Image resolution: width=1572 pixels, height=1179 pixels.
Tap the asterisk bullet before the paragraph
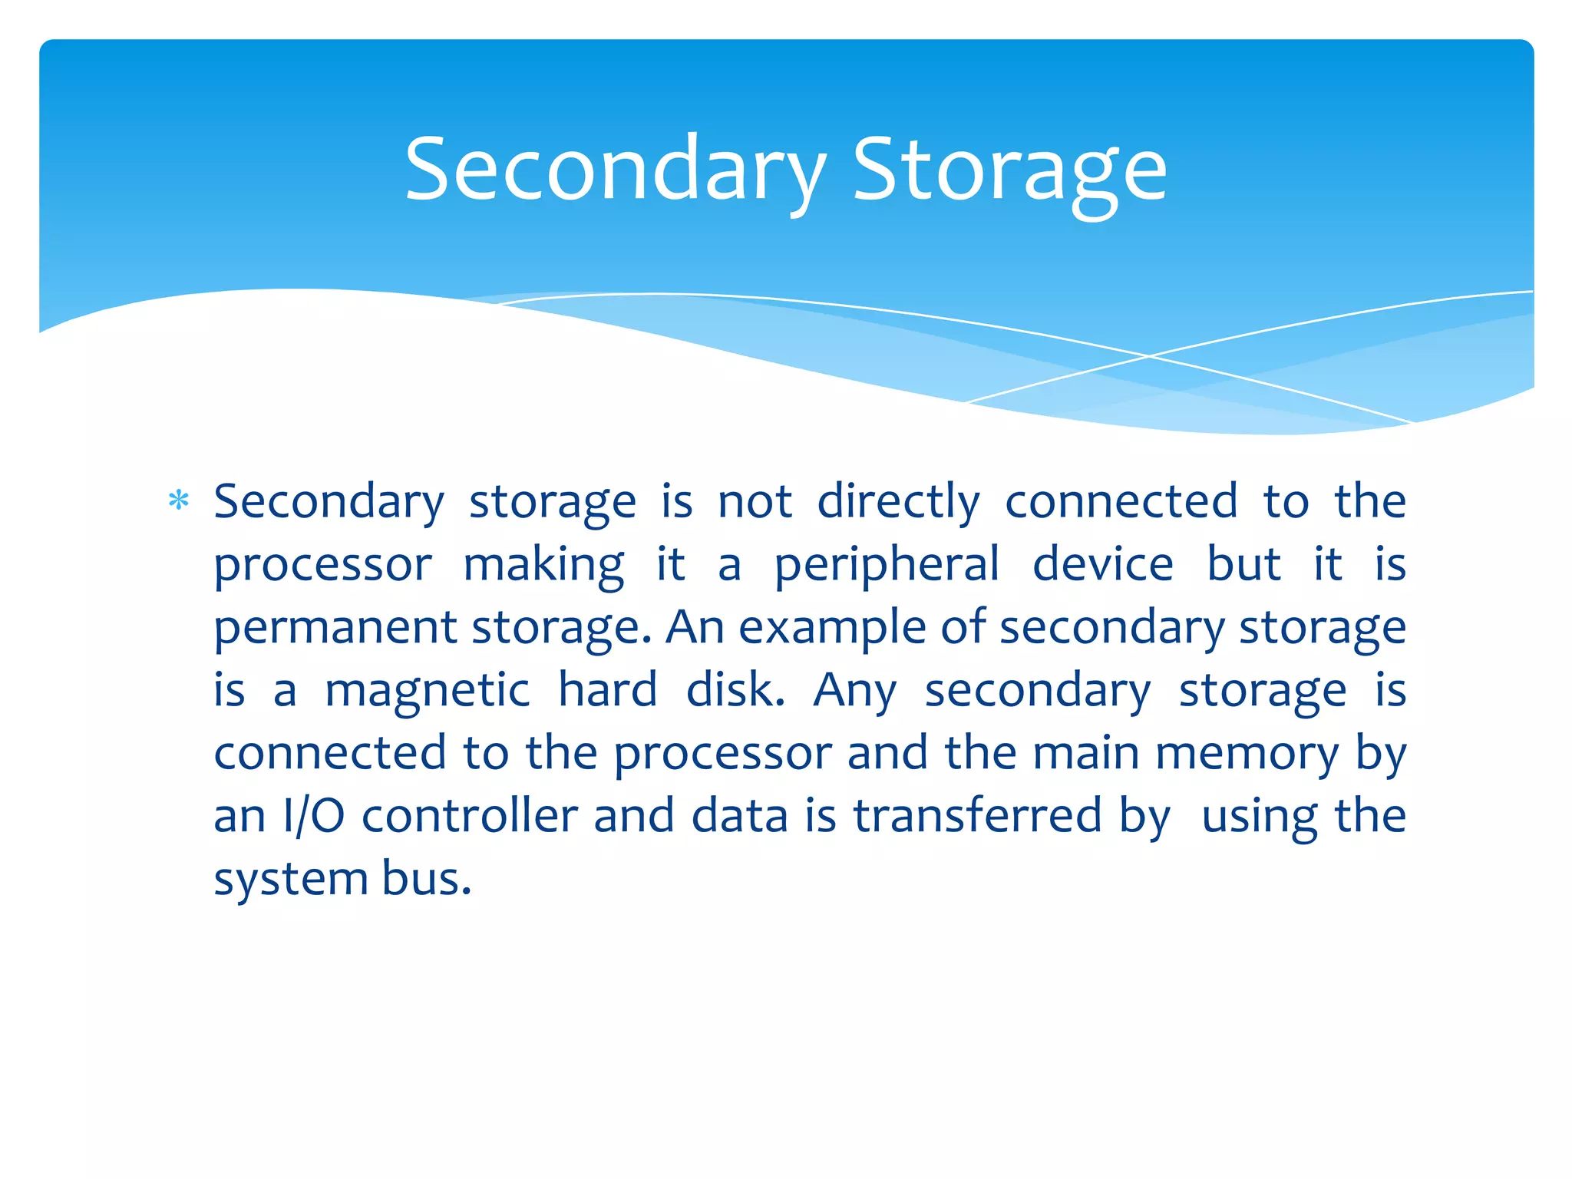pyautogui.click(x=179, y=501)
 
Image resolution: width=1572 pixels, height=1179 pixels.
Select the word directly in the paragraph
pyautogui.click(x=898, y=503)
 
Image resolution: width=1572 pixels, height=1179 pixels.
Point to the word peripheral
pyautogui.click(x=887, y=566)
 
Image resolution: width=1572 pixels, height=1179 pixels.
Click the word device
pyautogui.click(x=1103, y=564)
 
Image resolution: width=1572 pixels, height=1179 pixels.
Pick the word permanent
pyautogui.click(x=335, y=629)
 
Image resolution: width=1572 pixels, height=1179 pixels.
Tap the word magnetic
pyautogui.click(x=427, y=690)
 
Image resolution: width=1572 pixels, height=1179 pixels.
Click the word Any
pyautogui.click(x=854, y=692)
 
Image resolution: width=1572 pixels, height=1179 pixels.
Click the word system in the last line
pyautogui.click(x=289, y=880)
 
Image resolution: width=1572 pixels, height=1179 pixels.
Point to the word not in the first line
pyautogui.click(x=755, y=503)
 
